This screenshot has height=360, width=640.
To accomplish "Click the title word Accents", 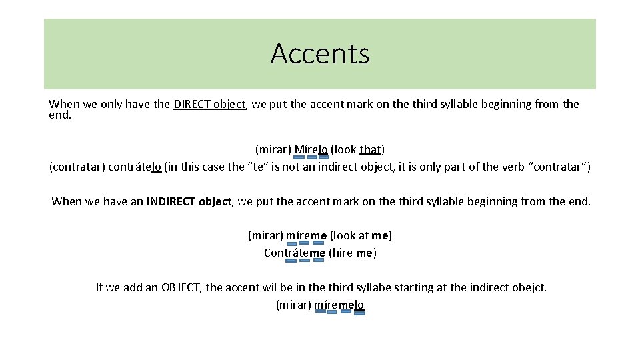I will (x=320, y=53).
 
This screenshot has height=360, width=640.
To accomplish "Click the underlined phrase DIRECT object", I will (x=209, y=104).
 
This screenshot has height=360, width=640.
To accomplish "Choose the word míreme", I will (x=306, y=235).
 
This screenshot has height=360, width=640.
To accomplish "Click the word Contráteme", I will (x=295, y=253).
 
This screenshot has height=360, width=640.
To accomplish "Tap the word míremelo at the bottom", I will (x=339, y=305).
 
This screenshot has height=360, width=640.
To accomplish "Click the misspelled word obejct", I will (x=529, y=287).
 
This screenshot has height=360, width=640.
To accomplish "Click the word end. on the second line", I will (x=60, y=115).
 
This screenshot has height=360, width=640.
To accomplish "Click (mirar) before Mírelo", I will (x=273, y=149).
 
